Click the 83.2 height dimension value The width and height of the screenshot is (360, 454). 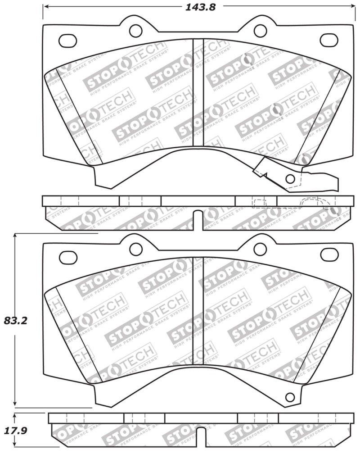tap(16, 321)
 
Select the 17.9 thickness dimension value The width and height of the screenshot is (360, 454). tap(16, 431)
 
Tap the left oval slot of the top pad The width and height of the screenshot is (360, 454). tap(67, 41)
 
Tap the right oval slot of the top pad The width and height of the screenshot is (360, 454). tap(329, 40)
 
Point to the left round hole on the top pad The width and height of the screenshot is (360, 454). tap(135, 31)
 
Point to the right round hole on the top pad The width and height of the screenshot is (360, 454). tap(260, 31)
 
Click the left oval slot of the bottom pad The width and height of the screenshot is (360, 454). tap(68, 258)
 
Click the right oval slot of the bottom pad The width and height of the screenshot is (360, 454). tap(329, 254)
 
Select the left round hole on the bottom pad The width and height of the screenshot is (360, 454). tap(135, 249)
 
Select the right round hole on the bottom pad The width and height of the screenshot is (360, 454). tap(260, 249)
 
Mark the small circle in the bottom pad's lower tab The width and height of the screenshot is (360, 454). tap(290, 397)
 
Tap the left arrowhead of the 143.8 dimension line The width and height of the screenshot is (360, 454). tap(45, 7)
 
